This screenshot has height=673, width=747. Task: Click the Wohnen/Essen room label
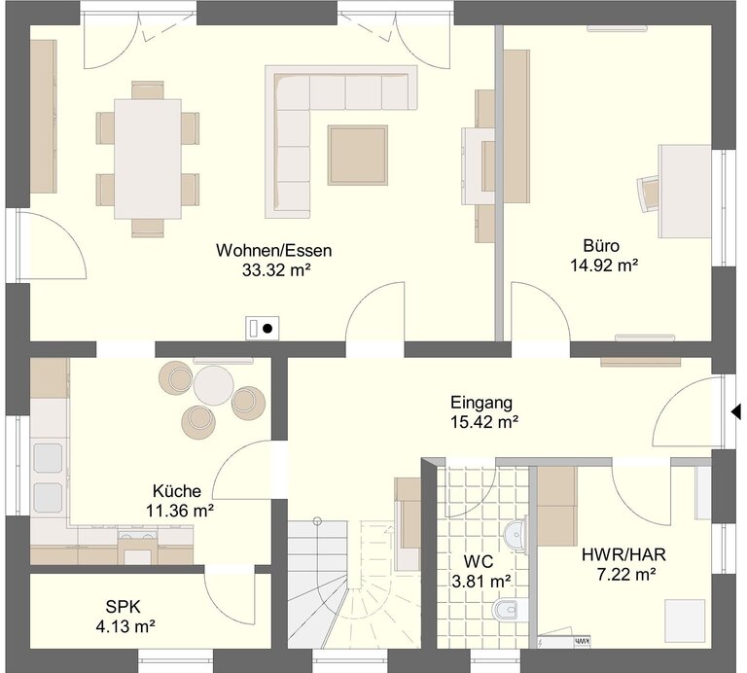pyautogui.click(x=274, y=251)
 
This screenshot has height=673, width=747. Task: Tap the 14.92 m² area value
pyautogui.click(x=604, y=266)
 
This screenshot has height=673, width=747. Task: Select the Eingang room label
pyautogui.click(x=481, y=403)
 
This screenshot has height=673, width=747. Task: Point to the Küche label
pyautogui.click(x=177, y=490)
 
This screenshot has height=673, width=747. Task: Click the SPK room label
pyautogui.click(x=123, y=607)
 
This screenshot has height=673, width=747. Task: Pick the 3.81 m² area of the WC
pyautogui.click(x=481, y=581)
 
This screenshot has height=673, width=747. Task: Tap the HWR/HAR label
pyautogui.click(x=623, y=555)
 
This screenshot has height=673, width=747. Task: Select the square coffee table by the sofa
pyautogui.click(x=357, y=155)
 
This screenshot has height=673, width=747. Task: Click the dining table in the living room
pyautogui.click(x=148, y=159)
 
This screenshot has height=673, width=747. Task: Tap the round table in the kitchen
pyautogui.click(x=213, y=385)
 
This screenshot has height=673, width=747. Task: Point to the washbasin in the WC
pyautogui.click(x=516, y=535)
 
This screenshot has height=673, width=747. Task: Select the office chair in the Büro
pyautogui.click(x=649, y=193)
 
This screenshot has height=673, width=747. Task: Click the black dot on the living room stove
pyautogui.click(x=267, y=328)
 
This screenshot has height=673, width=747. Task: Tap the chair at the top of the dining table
pyautogui.click(x=148, y=90)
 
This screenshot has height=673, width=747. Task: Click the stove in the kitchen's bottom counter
pyautogui.click(x=138, y=549)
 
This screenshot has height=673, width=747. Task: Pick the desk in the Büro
pyautogui.click(x=686, y=192)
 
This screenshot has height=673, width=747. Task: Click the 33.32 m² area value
pyautogui.click(x=276, y=270)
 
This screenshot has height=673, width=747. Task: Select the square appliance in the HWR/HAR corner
pyautogui.click(x=685, y=620)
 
